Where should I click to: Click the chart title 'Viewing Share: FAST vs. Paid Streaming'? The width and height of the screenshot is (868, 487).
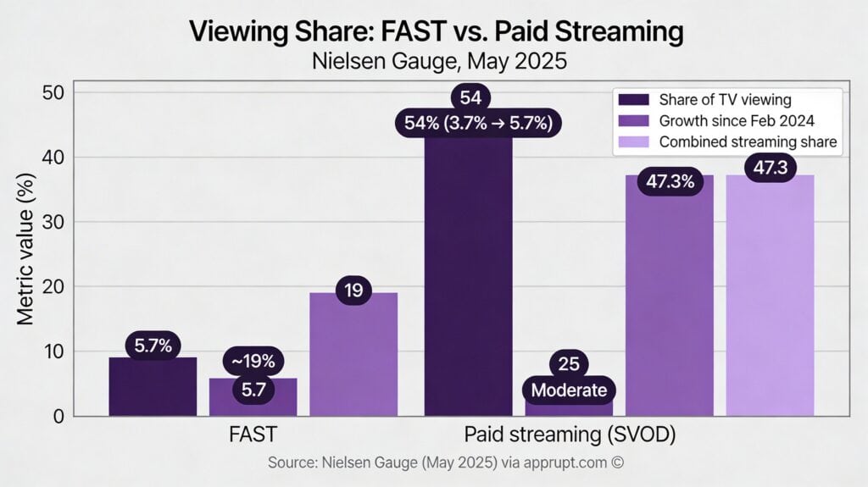436,31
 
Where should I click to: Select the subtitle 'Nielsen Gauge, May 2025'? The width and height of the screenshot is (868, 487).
436,61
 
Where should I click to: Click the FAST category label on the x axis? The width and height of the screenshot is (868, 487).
253,434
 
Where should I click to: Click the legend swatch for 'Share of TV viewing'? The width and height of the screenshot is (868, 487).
634,99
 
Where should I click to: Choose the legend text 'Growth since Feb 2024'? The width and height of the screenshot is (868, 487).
737,120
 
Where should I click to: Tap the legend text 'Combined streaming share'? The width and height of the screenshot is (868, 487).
748,142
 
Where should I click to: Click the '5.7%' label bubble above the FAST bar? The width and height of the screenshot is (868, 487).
153,345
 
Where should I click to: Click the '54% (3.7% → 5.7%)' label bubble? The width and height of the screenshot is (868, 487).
478,125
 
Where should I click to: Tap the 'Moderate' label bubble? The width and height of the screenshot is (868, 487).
570,390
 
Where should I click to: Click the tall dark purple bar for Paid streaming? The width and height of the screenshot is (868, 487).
468,279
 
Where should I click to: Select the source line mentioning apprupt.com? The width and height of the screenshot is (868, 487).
446,463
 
